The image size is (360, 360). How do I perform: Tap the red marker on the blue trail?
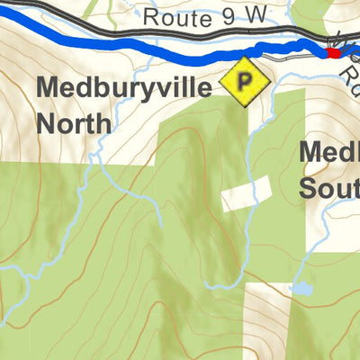(334, 53)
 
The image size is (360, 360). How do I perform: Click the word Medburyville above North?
(126, 88)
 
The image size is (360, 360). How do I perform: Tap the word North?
(75, 121)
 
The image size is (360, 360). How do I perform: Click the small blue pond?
(301, 290)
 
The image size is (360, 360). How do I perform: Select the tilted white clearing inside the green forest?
(247, 193)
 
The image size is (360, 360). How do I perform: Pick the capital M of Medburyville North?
(49, 88)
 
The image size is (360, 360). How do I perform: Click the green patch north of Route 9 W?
(306, 13)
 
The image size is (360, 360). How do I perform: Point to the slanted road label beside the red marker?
(346, 58)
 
